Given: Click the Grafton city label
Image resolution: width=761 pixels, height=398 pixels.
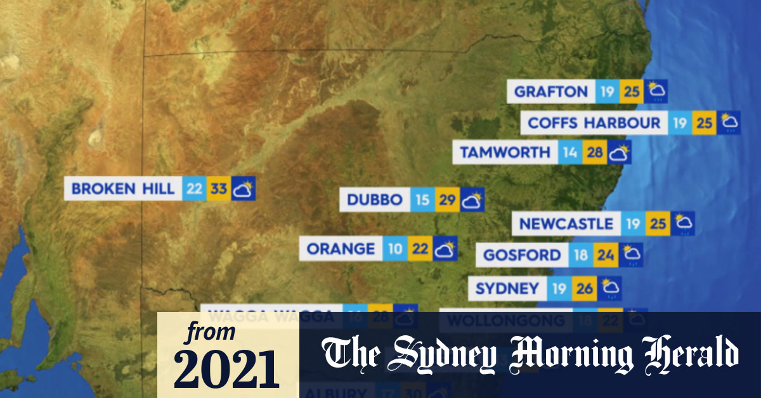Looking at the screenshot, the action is (550, 92).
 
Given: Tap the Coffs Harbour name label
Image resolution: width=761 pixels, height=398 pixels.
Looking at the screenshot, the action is (594, 122).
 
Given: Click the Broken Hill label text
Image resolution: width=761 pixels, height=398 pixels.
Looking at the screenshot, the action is (122, 189).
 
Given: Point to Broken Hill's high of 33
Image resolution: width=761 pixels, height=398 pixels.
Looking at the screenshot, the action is (218, 189).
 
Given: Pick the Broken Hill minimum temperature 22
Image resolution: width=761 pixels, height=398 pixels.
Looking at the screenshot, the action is (194, 189).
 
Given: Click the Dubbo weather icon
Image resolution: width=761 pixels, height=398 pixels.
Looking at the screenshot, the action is (472, 200).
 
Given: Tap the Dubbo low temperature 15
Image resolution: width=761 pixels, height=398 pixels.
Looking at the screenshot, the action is (422, 200).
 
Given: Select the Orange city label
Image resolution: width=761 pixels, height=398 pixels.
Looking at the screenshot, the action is (341, 249).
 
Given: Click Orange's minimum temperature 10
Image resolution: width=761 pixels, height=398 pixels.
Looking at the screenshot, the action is (395, 249).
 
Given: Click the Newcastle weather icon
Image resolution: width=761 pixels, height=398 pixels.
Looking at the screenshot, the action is (683, 224).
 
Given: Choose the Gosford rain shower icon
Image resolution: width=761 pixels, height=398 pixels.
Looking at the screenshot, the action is (632, 255).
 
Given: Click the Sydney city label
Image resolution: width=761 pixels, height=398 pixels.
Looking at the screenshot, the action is (507, 289).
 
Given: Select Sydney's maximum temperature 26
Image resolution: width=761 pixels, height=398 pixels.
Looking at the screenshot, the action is (584, 289).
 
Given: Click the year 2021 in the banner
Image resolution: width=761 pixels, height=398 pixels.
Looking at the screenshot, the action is (226, 369).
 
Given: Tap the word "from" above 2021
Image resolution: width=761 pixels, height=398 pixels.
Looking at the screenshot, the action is (210, 331).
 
